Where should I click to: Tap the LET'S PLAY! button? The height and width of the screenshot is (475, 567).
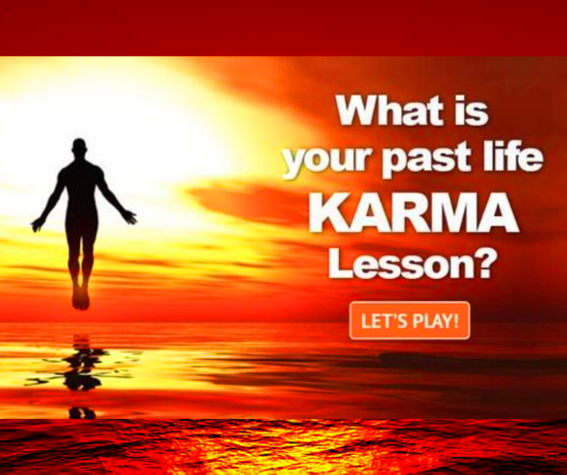[x=410, y=321]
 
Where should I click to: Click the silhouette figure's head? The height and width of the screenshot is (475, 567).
[x=79, y=147]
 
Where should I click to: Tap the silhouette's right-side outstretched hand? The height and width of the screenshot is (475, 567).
[x=130, y=217]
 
